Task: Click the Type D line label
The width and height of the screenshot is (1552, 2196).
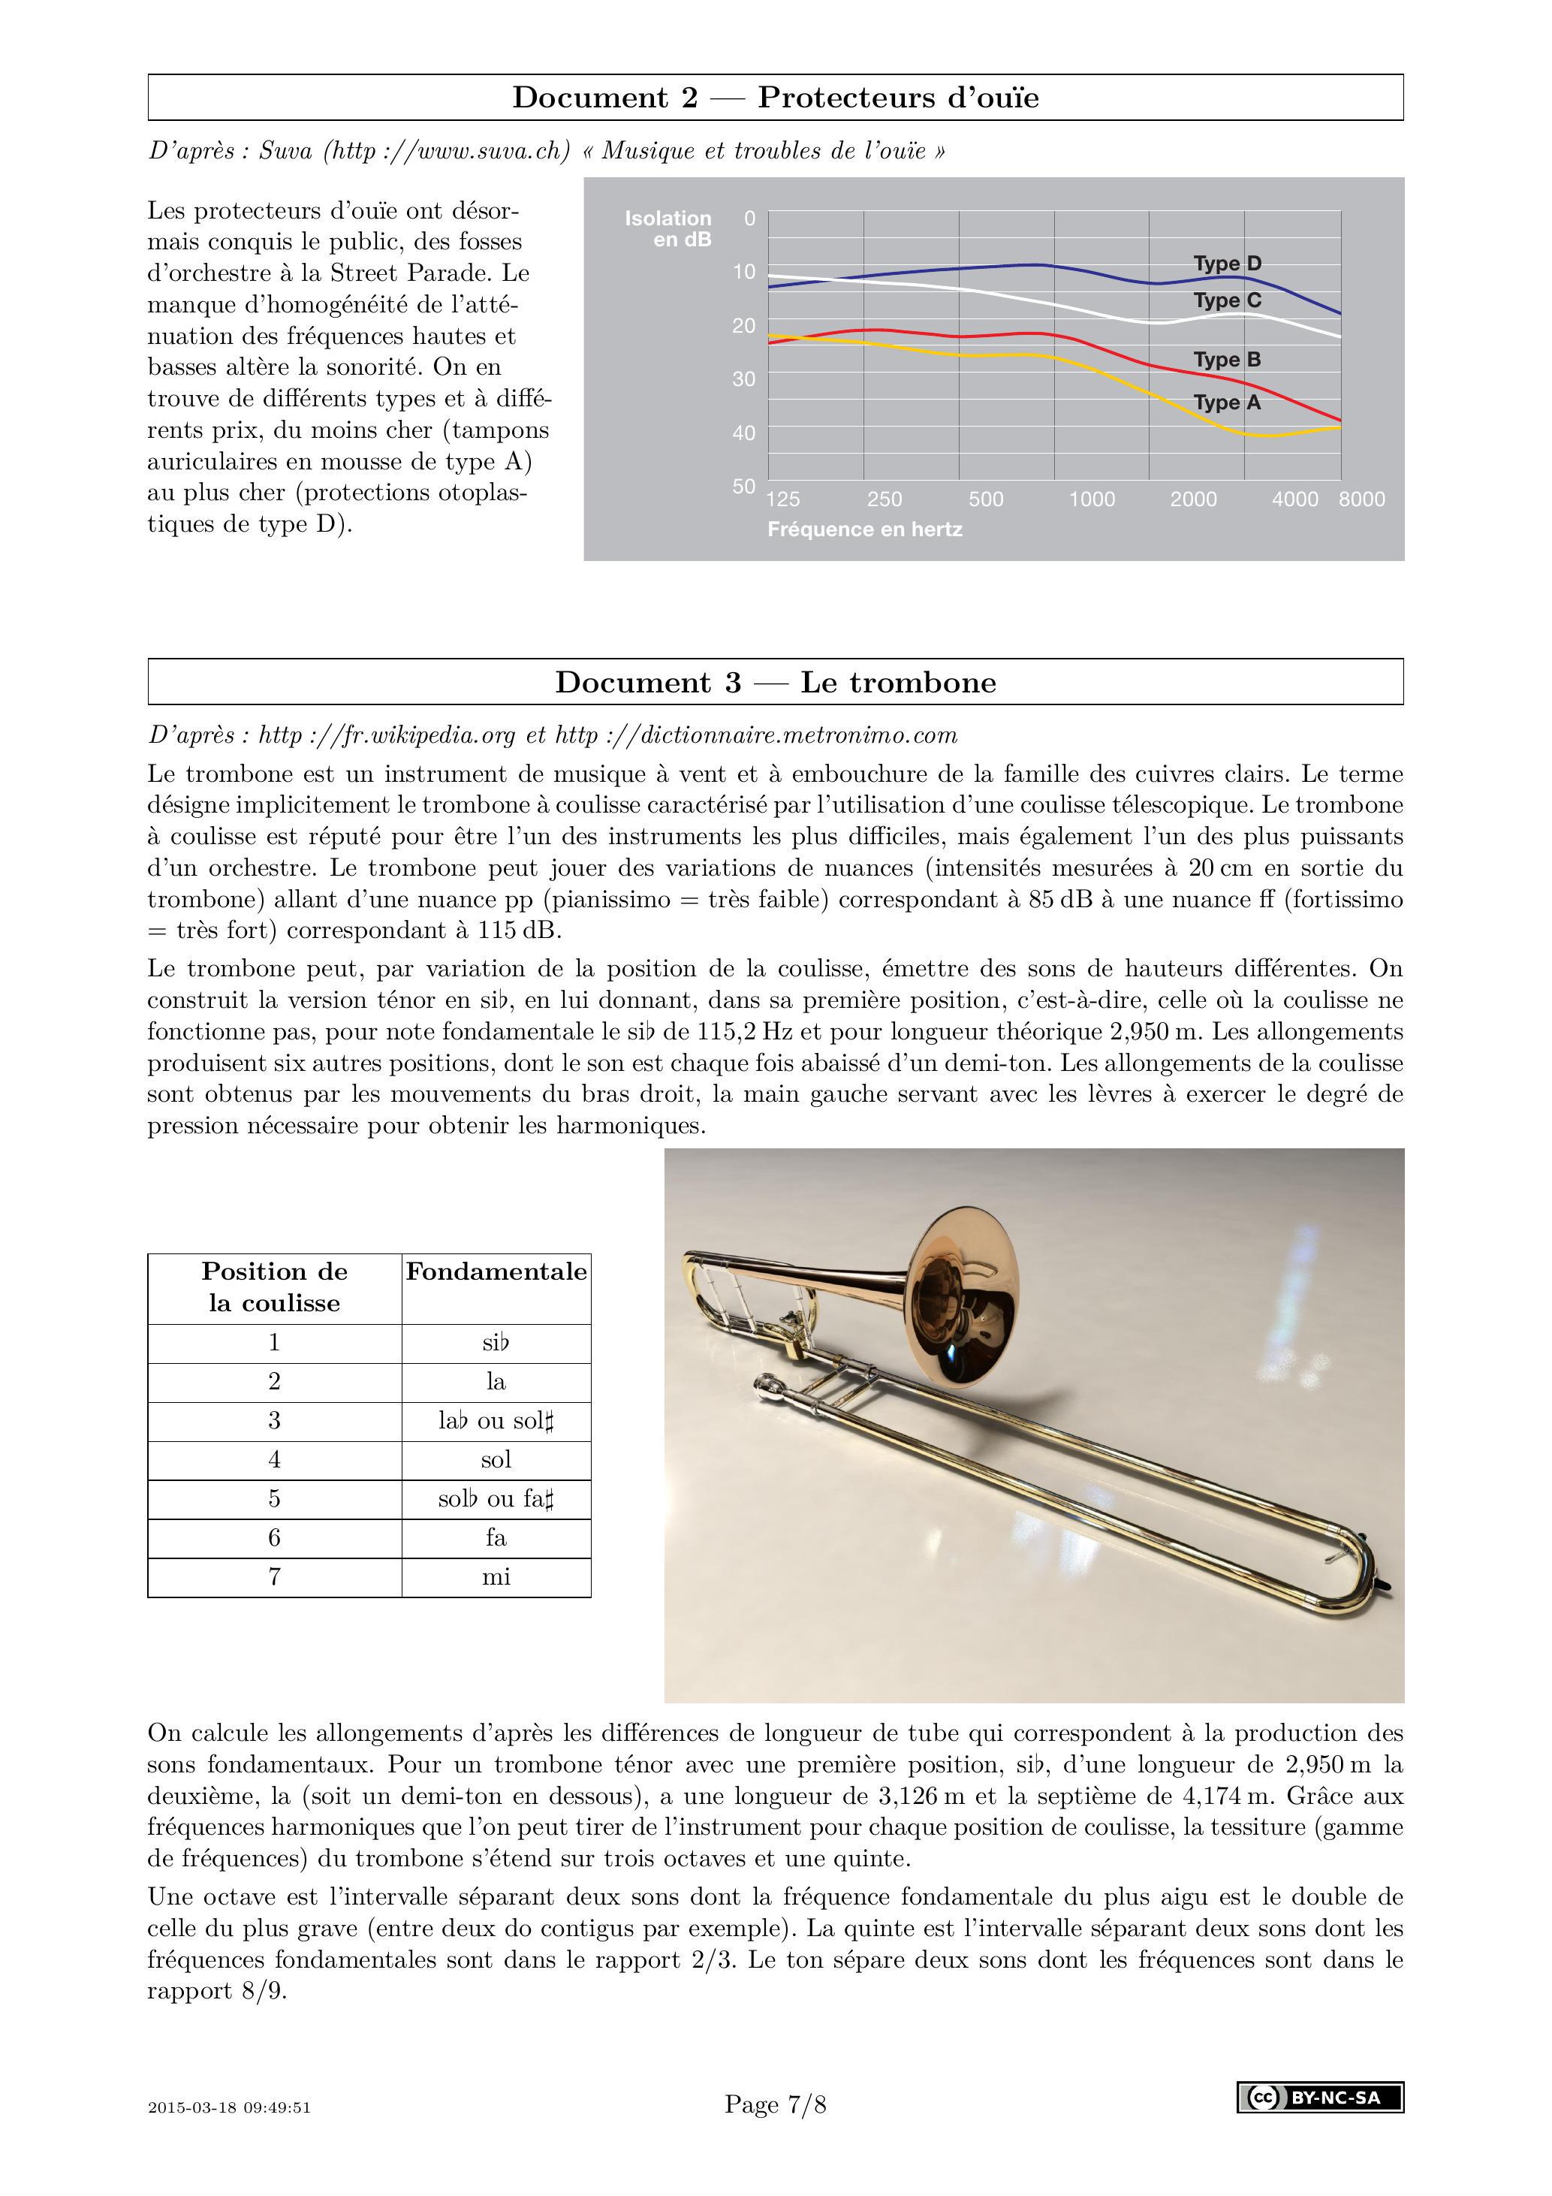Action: [1227, 263]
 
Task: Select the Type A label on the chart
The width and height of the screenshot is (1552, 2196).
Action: [1227, 403]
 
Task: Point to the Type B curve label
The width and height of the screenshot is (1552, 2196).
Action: [1227, 360]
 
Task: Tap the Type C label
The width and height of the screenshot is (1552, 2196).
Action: [1227, 300]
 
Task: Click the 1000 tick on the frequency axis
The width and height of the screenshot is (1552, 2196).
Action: [1091, 499]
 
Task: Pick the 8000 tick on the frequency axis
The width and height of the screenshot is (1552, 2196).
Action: [1361, 499]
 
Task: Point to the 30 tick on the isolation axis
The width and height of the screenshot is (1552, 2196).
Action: [743, 379]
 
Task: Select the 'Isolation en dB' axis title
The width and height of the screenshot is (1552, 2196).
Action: [668, 228]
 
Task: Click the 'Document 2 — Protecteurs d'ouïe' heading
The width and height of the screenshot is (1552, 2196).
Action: [775, 98]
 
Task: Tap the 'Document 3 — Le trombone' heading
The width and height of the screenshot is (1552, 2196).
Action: [775, 683]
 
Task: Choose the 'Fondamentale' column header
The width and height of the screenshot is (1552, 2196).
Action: [496, 1272]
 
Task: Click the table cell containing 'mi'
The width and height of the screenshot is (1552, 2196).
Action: [496, 1577]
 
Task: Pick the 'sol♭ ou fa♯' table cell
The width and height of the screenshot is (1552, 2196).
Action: [496, 1499]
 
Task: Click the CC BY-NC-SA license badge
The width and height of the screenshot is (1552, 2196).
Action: [1320, 2098]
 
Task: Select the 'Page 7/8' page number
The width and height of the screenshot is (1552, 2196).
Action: [775, 2104]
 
